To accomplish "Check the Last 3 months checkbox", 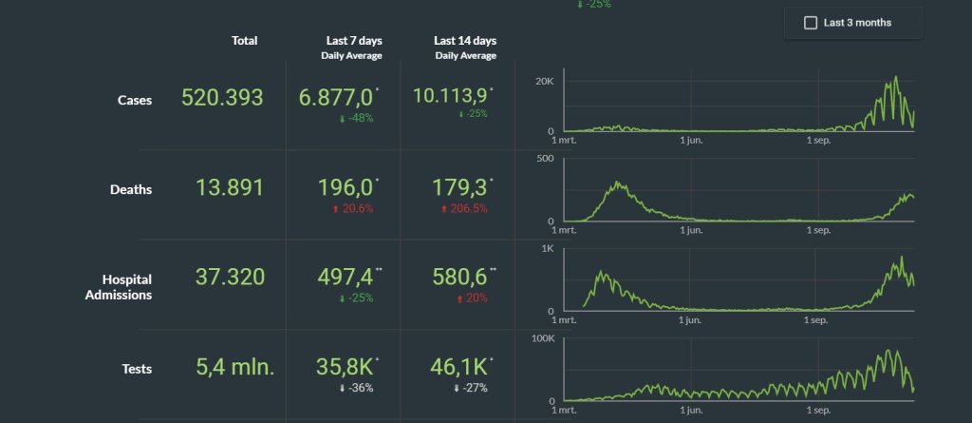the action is click(x=811, y=23).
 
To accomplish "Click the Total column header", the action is click(x=244, y=40).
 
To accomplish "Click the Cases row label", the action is click(x=135, y=100).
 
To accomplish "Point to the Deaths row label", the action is click(x=131, y=189).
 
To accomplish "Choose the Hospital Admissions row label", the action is click(x=119, y=287).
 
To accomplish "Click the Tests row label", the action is click(x=137, y=369).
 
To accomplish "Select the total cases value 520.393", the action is click(x=222, y=98).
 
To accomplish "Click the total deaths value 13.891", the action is click(x=230, y=187).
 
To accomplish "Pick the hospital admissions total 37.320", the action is click(x=230, y=277).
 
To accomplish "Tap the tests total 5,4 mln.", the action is click(x=235, y=367).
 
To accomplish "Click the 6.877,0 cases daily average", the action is click(x=337, y=98).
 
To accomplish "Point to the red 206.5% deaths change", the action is click(x=463, y=209).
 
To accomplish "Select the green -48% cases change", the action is click(x=356, y=118).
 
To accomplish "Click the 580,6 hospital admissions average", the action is click(x=460, y=277).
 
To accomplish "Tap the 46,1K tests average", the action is click(x=458, y=367).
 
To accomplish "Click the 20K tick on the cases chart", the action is click(x=545, y=82).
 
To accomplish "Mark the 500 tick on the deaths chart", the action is click(x=546, y=158).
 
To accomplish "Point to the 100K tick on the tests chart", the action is click(x=543, y=338).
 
